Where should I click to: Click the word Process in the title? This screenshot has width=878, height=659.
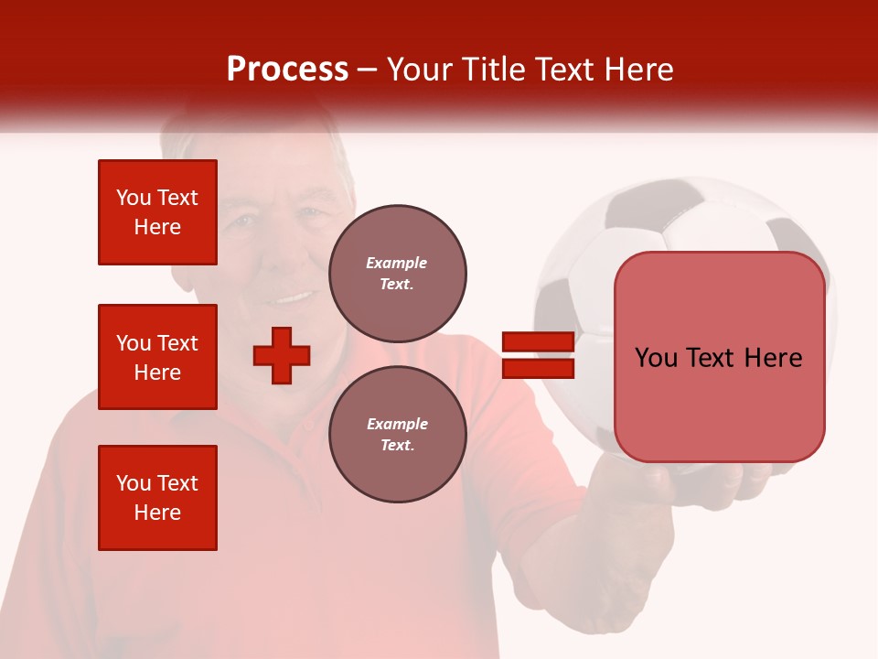click(x=287, y=70)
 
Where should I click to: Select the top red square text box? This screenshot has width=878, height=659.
click(x=157, y=212)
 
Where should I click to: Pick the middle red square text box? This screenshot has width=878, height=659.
click(x=157, y=357)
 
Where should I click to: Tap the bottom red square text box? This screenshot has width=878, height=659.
click(x=157, y=498)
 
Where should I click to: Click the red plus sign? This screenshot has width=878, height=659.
click(x=282, y=355)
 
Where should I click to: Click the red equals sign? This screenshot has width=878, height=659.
click(x=538, y=355)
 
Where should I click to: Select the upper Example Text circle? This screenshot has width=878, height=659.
click(x=397, y=274)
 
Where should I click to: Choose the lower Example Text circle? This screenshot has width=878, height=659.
click(x=397, y=435)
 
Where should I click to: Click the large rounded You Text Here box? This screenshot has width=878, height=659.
click(x=719, y=357)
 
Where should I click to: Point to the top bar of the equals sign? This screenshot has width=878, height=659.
click(x=538, y=342)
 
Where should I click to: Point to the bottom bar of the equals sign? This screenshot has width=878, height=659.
click(x=538, y=368)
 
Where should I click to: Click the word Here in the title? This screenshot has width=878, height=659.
click(x=639, y=70)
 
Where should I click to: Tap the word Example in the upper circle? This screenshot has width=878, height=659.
click(x=397, y=263)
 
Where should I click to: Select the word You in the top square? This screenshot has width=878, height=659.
click(x=133, y=198)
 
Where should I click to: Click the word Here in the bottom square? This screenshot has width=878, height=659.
click(x=157, y=513)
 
